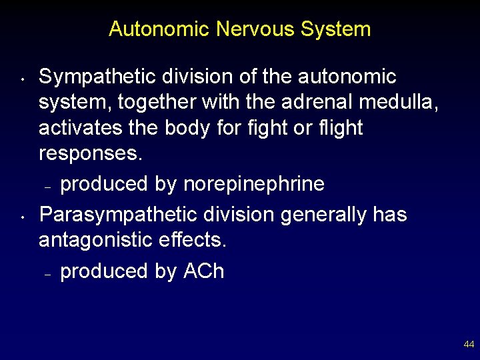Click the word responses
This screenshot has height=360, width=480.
coord(91,153)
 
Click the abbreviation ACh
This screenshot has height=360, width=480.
coord(203,271)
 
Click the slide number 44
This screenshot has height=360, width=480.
coord(469,345)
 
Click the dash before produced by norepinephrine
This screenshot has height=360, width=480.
coord(48,185)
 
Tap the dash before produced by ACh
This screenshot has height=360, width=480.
coord(48,273)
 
